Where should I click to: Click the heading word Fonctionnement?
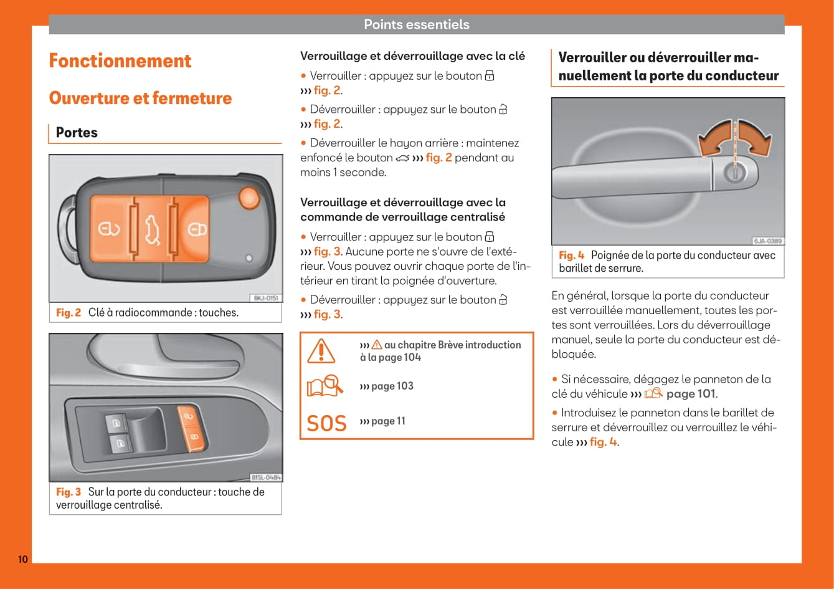[120, 61]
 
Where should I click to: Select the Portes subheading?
[77, 133]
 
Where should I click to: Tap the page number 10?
[22, 559]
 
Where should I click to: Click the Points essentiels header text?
[416, 24]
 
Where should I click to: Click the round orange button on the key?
[249, 197]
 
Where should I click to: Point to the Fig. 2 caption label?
[69, 313]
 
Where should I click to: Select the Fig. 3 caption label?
[69, 492]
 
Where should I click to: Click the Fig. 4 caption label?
[571, 256]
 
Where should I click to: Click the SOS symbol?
[326, 423]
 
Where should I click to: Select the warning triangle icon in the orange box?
[321, 351]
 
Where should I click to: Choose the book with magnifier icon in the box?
[325, 386]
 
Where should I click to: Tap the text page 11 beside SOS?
[388, 421]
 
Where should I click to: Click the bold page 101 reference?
[691, 394]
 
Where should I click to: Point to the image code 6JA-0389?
[767, 241]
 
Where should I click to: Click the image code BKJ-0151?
[266, 298]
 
